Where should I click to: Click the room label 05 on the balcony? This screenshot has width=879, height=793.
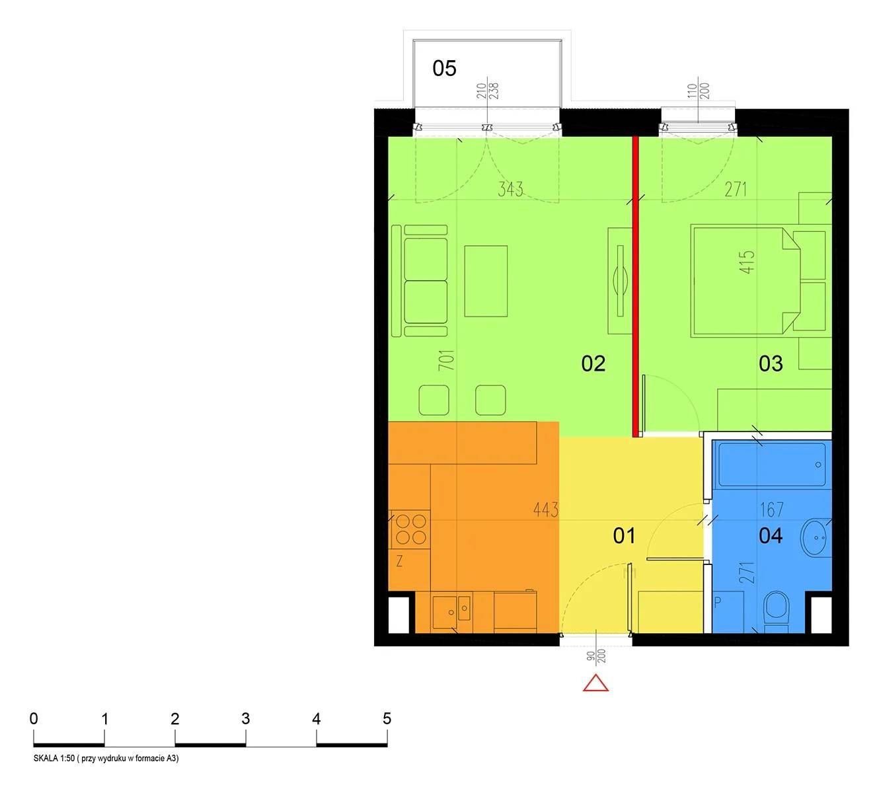444,68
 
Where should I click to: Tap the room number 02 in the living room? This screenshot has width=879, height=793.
593,363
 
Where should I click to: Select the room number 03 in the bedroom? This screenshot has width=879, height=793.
771,363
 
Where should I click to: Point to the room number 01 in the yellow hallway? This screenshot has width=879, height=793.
624,536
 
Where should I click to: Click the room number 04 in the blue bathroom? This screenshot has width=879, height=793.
771,536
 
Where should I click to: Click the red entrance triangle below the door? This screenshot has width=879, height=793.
595,683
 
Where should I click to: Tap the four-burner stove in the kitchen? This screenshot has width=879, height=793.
410,529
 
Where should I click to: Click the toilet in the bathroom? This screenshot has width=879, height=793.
776,612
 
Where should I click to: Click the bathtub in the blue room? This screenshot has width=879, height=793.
772,464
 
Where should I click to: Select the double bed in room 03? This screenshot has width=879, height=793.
745,281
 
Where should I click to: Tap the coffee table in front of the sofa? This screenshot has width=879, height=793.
486,281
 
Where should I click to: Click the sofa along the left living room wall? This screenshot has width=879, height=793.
419,281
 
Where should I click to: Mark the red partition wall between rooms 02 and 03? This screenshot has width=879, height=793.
635,287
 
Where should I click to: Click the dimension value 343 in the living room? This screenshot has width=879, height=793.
510,189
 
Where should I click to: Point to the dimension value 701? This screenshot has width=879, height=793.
447,360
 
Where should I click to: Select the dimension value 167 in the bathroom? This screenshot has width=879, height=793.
772,510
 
